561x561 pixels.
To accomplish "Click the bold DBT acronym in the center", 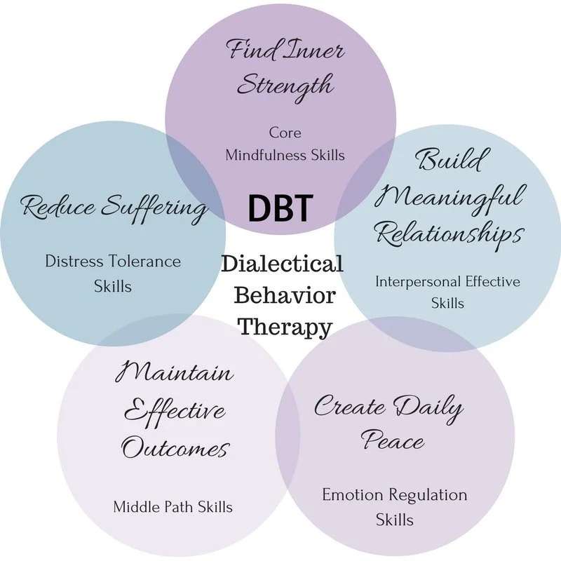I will tap(280, 208).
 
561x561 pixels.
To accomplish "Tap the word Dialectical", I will tap(283, 264).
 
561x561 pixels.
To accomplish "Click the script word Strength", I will tap(284, 86).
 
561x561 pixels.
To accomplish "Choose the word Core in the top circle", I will tap(285, 132).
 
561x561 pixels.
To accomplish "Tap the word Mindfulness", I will tap(266, 155).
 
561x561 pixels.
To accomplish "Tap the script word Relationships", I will tap(450, 234).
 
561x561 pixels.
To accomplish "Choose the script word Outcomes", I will tap(175, 447).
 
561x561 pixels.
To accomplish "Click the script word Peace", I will tap(393, 441).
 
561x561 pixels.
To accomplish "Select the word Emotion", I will tap(350, 494).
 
